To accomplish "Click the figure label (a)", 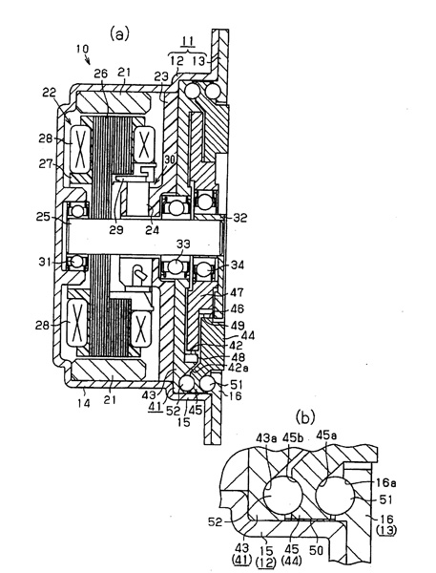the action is pos(119,34).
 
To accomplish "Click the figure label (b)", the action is pos(305,417).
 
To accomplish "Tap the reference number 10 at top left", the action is pos(83,49).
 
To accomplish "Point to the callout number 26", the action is pos(101,74).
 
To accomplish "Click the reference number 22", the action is pos(50,93).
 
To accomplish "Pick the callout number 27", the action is pos(46,164).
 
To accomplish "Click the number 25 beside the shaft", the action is pos(43,218).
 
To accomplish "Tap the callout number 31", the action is pos(45,262).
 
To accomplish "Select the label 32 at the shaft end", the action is pos(239,218).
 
